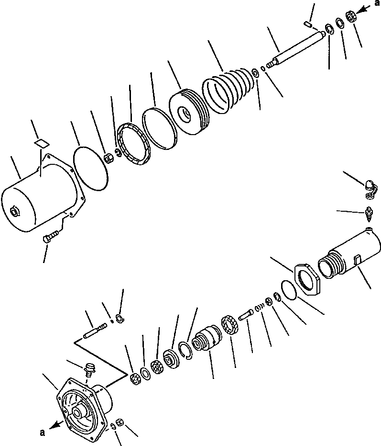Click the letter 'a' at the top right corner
tap(377, 3)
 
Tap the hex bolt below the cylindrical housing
tap(51, 236)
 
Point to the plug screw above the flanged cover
tap(89, 369)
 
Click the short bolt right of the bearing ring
tap(246, 315)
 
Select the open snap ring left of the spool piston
tap(185, 351)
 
